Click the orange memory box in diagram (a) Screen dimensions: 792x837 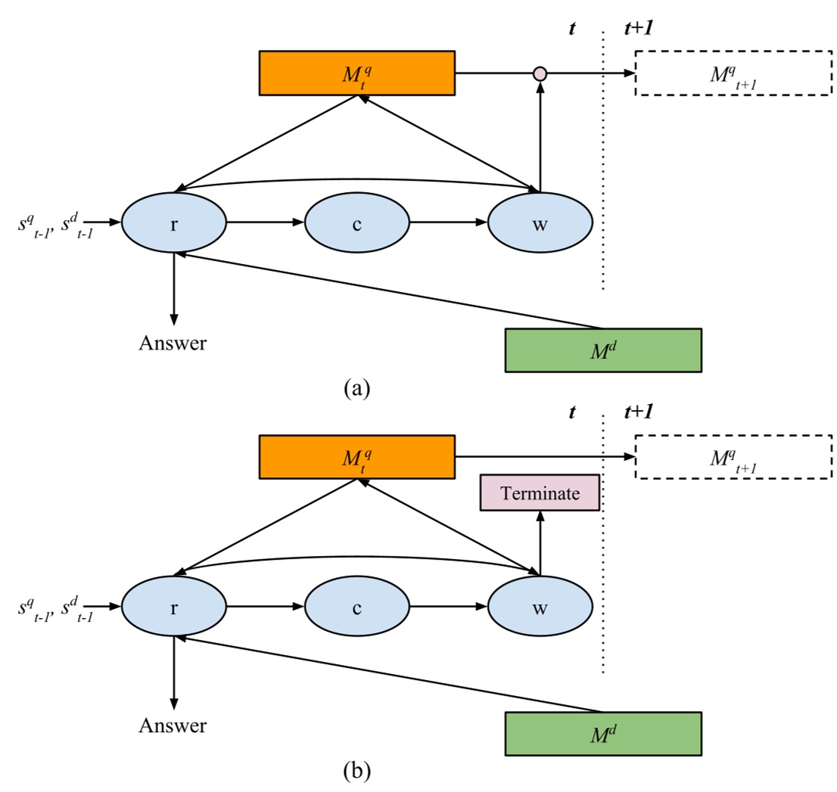[x=356, y=73]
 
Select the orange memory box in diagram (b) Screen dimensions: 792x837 [x=356, y=457]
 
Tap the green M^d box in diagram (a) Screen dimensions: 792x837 [x=602, y=349]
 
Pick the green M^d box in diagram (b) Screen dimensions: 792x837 [x=602, y=733]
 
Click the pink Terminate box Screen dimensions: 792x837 [x=540, y=494]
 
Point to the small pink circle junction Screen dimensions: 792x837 [x=540, y=73]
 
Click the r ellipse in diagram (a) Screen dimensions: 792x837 [x=174, y=223]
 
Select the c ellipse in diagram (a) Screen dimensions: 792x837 [x=356, y=223]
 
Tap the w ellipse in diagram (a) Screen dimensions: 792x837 [x=540, y=223]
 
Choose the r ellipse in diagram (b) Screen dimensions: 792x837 [x=174, y=607]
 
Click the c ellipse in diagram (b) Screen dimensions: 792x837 [x=356, y=607]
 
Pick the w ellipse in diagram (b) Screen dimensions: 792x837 [x=540, y=607]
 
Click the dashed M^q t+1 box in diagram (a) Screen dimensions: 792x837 [x=733, y=73]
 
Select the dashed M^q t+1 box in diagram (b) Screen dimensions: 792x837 [x=733, y=457]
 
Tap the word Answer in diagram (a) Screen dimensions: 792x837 [x=173, y=343]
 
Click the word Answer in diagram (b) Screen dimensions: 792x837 [x=173, y=726]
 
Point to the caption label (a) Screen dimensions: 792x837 [x=356, y=388]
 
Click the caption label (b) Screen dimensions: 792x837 [x=356, y=772]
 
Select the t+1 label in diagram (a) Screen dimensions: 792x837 [x=639, y=28]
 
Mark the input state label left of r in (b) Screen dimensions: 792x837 [x=55, y=607]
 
